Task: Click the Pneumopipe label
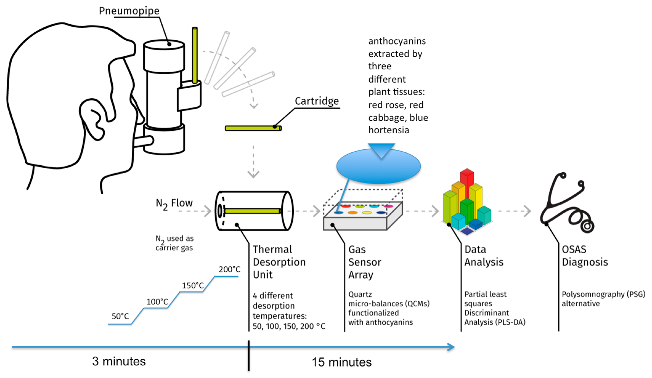coord(129,11)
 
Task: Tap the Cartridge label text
coord(317,101)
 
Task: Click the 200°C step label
coord(229,269)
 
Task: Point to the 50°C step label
coord(120,316)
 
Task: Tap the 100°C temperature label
coord(157,302)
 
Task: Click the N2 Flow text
coord(174,203)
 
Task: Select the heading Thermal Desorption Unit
coord(279,262)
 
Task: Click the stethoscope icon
coord(567,204)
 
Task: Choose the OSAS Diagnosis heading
coord(585,256)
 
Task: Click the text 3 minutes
coord(119,361)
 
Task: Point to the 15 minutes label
coord(342,362)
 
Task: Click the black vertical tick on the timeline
coord(249,356)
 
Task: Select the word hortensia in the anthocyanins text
coord(389,130)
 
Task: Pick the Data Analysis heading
coord(484,256)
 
